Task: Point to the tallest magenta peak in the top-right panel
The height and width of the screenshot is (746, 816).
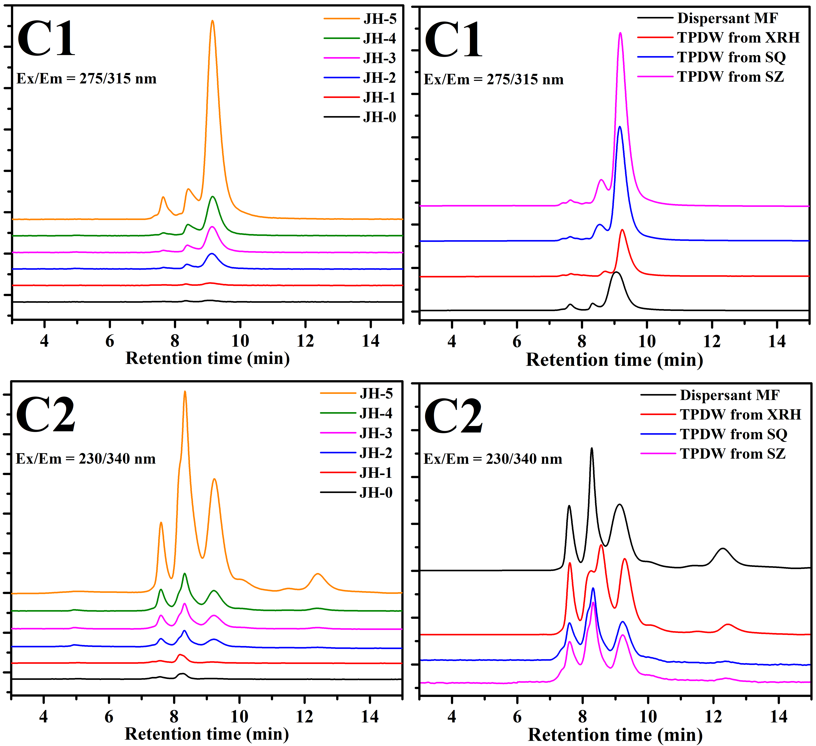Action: [620, 33]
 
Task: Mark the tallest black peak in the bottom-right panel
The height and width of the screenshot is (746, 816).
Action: [592, 448]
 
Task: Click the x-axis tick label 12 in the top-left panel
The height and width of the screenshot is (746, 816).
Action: [305, 341]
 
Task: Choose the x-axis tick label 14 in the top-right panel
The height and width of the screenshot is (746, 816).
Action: [777, 342]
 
